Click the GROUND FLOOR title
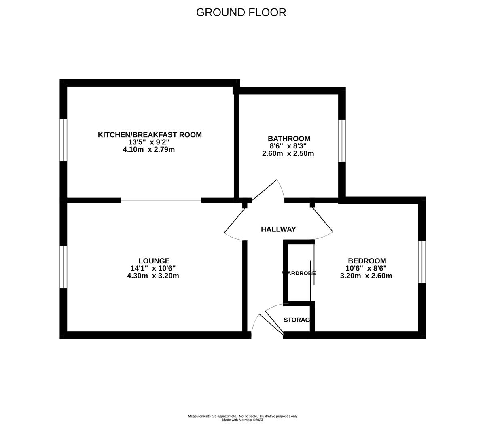(x=241, y=13)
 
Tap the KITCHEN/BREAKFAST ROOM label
(x=150, y=135)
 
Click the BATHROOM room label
(x=289, y=139)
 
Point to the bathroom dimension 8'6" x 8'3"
(x=288, y=146)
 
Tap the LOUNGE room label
(x=154, y=261)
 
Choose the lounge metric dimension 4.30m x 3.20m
(x=153, y=276)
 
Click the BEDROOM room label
(x=367, y=261)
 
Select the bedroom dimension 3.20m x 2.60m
(x=366, y=276)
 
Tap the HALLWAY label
(x=278, y=229)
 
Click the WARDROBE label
(x=299, y=273)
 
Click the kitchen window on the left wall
(x=64, y=140)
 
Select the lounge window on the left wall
(x=64, y=267)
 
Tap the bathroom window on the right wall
(x=342, y=140)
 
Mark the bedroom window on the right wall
(x=422, y=262)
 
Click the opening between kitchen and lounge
(x=161, y=200)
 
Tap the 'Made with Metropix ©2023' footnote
(x=243, y=420)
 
